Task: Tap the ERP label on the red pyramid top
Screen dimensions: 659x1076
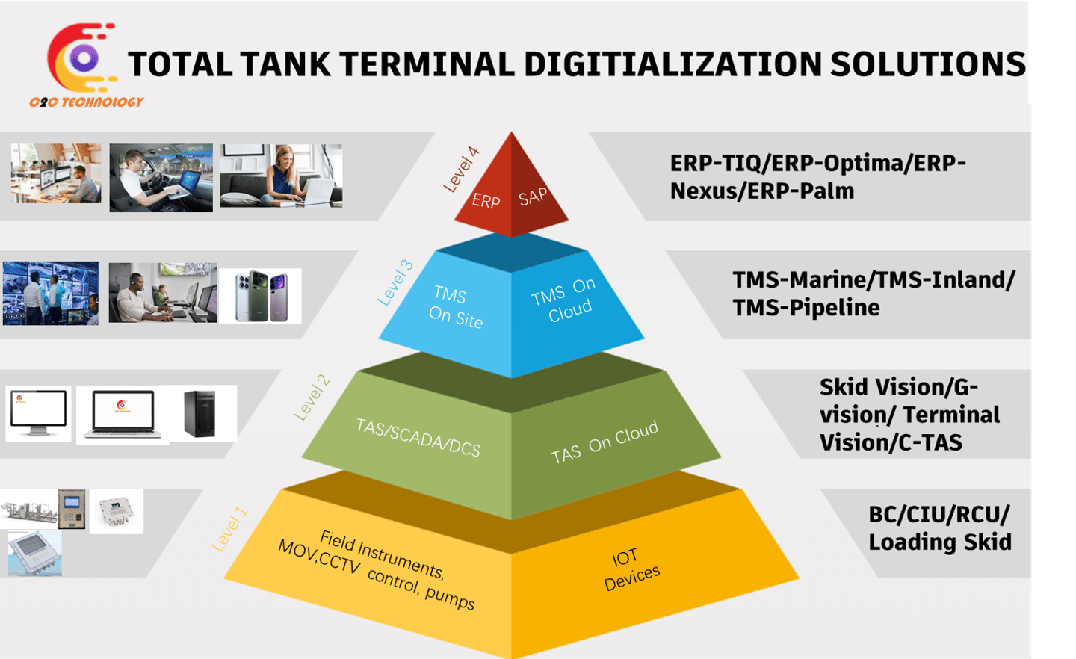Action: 486,200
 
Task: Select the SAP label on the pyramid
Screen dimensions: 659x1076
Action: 533,197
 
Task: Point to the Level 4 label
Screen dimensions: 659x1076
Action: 460,170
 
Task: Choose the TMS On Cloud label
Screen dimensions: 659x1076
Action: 565,299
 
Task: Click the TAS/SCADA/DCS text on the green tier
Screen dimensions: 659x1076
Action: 418,438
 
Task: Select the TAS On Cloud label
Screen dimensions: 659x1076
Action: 605,442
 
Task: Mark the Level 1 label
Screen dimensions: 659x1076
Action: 229,529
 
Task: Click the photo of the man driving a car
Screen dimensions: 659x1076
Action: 161,178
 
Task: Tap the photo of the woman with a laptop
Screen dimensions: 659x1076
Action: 281,176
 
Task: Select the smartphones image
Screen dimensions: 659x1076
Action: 260,296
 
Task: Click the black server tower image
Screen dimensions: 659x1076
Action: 200,413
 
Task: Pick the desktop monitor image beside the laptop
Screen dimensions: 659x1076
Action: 38,413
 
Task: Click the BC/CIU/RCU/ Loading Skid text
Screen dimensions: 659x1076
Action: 939,528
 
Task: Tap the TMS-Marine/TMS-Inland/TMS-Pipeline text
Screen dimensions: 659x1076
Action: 873,294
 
